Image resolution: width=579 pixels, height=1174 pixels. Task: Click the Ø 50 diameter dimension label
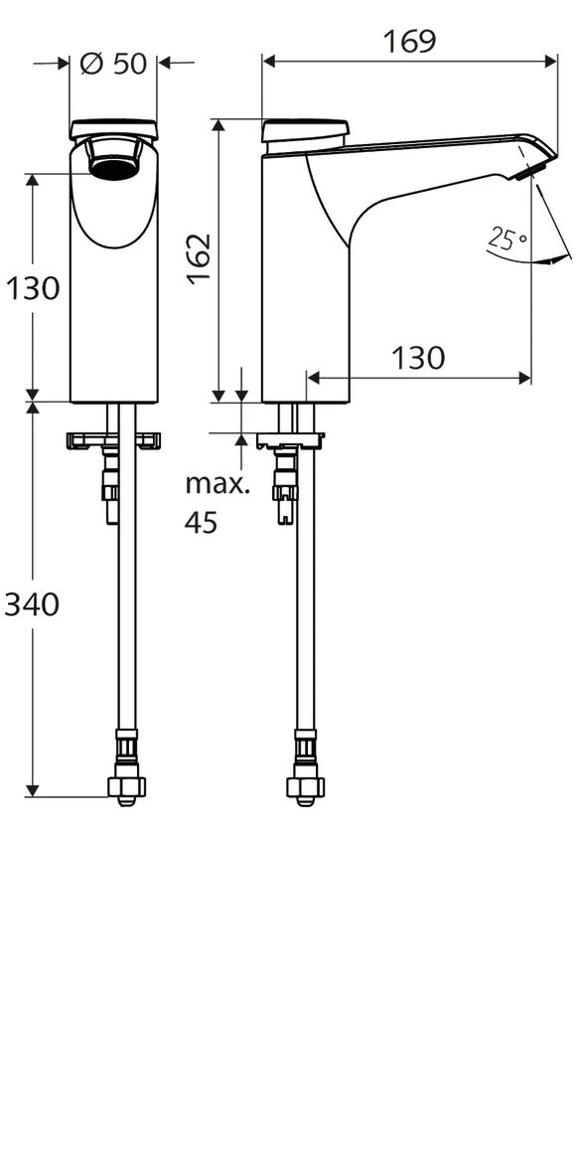112,64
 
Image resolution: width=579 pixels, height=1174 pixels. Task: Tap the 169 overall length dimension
409,41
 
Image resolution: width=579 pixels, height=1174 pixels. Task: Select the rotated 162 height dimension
199,258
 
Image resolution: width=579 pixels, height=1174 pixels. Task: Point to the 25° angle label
507,239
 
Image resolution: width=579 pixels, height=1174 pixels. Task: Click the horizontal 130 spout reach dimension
418,358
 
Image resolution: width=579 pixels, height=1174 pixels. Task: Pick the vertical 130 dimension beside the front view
33,288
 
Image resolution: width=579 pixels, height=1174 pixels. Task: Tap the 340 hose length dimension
32,603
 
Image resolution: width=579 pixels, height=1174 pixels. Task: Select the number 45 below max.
202,523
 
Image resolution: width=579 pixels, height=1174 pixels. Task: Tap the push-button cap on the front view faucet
113,128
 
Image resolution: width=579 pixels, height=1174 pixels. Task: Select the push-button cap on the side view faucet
306,129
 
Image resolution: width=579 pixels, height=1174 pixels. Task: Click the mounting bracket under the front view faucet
112,440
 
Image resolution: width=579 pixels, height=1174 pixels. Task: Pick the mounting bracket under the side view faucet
289,439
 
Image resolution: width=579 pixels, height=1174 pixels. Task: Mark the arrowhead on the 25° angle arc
546,260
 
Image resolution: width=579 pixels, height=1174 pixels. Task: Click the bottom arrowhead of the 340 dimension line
33,789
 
